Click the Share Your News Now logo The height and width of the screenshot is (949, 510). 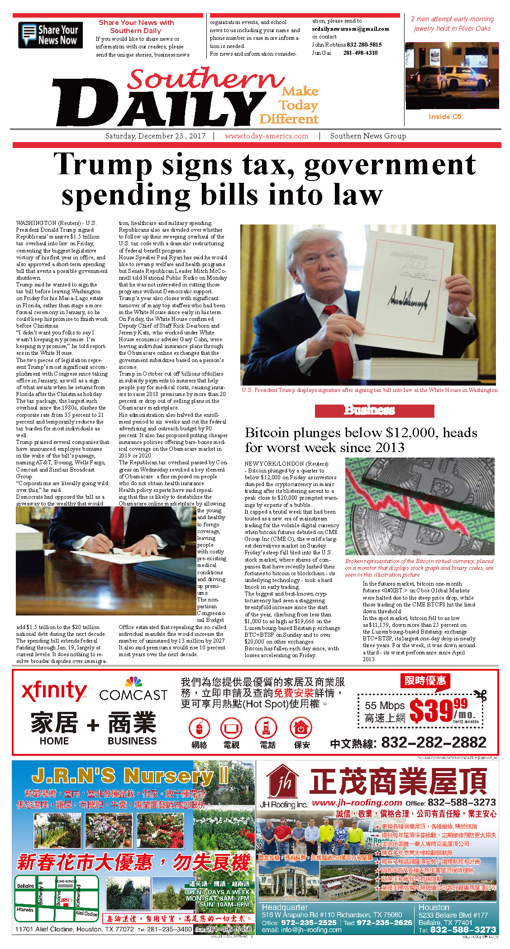coord(50,35)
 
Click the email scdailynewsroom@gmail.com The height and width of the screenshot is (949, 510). coord(350,29)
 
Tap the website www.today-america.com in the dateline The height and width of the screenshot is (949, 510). coord(266,136)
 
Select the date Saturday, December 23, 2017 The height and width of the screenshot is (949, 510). coord(155,136)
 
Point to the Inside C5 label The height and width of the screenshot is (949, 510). coord(445,117)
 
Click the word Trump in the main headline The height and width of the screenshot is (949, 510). coord(103,165)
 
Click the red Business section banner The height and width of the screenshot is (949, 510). coord(374,410)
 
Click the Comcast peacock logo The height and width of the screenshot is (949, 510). coord(133,682)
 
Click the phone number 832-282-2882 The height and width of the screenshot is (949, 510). coord(434,743)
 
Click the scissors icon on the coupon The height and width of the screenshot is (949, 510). coord(481,695)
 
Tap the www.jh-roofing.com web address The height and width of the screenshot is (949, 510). coord(357,802)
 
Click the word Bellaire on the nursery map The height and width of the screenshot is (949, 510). coord(25,886)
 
